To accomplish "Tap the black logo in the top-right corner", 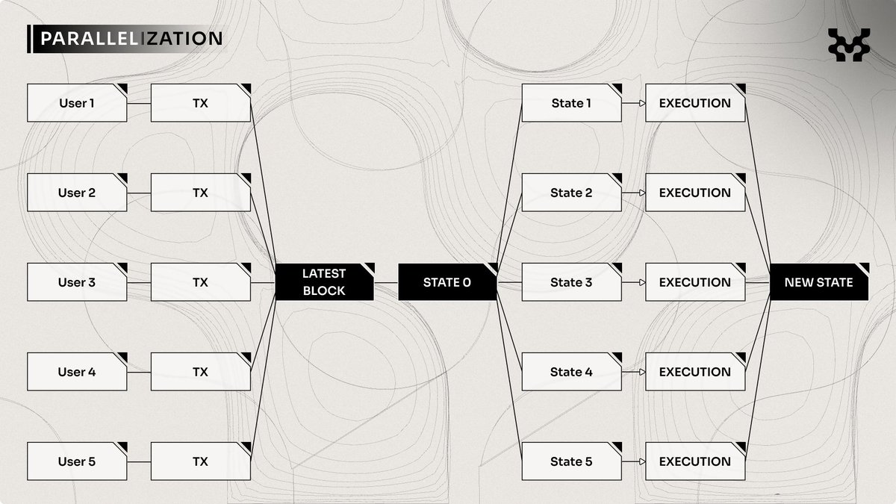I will pyautogui.click(x=849, y=44).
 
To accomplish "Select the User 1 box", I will pyautogui.click(x=77, y=103).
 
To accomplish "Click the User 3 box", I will pyautogui.click(x=77, y=282).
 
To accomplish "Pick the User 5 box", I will pyautogui.click(x=77, y=461).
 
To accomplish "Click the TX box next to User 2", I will pyautogui.click(x=200, y=193).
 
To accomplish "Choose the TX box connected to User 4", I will pyautogui.click(x=200, y=372).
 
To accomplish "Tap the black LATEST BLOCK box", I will pyautogui.click(x=324, y=282).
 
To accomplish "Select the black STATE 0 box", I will pyautogui.click(x=447, y=282).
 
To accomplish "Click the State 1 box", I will pyautogui.click(x=571, y=103).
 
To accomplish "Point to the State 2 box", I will pyautogui.click(x=571, y=193).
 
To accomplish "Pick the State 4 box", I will pyautogui.click(x=571, y=372).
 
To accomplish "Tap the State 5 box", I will pyautogui.click(x=571, y=461).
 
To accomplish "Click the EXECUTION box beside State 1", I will pyautogui.click(x=695, y=103).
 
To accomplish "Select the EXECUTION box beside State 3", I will pyautogui.click(x=695, y=282).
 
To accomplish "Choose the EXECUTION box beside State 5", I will pyautogui.click(x=695, y=461).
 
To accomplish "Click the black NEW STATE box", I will pyautogui.click(x=819, y=282).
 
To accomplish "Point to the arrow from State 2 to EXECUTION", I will pyautogui.click(x=633, y=193).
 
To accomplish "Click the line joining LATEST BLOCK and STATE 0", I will pyautogui.click(x=385, y=282).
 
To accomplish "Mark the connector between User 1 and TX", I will pyautogui.click(x=139, y=103).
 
